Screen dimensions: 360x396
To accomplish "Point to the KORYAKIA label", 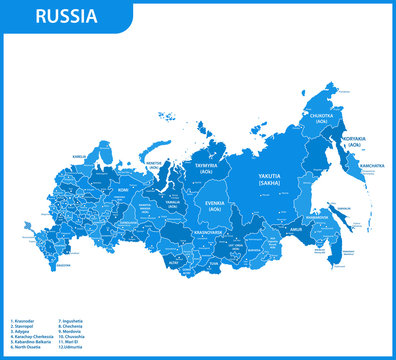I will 356,141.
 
